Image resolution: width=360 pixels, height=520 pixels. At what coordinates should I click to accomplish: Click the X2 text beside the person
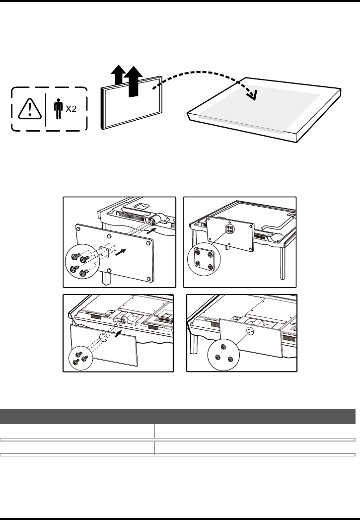click(x=72, y=110)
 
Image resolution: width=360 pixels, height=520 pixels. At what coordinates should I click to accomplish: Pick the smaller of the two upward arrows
click(x=117, y=76)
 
